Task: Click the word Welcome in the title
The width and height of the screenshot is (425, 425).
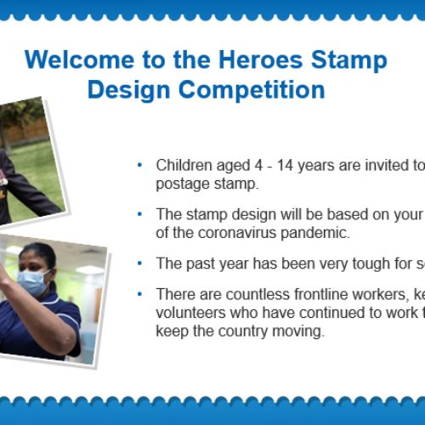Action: (x=79, y=59)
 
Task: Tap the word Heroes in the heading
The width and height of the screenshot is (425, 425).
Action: (x=261, y=59)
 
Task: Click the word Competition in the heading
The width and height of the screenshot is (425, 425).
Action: (x=252, y=89)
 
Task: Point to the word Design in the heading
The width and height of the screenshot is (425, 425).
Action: (x=129, y=89)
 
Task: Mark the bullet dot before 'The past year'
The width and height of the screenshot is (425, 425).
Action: (x=139, y=263)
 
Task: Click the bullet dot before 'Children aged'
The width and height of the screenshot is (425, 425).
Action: (x=139, y=165)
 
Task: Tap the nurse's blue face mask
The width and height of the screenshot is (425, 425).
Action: (x=33, y=281)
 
